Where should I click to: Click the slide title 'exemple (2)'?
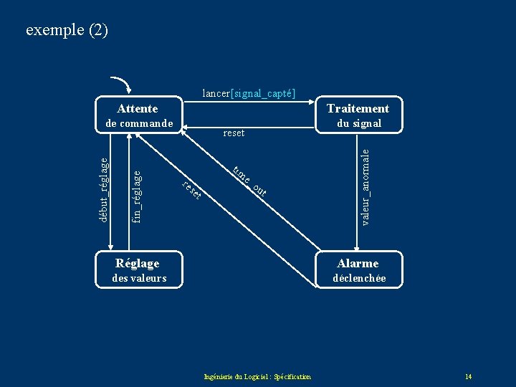67,30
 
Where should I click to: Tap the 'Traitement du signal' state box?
358,115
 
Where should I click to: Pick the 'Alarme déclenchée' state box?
358,270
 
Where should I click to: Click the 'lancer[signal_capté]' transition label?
249,92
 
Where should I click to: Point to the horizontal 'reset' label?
234,133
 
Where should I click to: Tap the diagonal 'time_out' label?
249,180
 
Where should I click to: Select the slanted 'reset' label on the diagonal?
191,190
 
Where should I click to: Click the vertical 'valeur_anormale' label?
365,186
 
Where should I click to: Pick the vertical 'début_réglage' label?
103,190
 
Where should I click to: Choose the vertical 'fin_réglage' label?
137,195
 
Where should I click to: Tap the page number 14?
468,376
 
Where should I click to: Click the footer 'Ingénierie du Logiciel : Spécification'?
257,376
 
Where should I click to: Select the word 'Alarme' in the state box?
358,263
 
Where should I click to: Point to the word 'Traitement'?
358,108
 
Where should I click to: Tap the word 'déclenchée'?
359,278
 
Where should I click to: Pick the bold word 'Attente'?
137,108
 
